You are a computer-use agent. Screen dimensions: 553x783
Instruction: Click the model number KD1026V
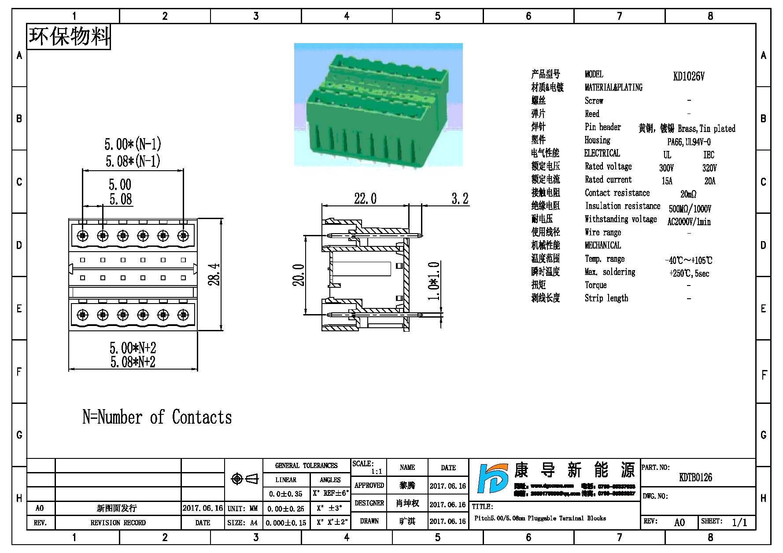click(x=688, y=76)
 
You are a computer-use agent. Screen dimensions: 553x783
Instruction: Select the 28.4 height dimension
click(x=214, y=275)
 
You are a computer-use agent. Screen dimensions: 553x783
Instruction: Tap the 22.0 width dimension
click(x=365, y=199)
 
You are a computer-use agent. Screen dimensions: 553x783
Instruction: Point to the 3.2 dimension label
click(x=460, y=199)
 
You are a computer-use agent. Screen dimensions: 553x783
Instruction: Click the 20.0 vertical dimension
click(x=299, y=275)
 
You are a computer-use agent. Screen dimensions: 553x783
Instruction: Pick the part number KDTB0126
click(x=695, y=477)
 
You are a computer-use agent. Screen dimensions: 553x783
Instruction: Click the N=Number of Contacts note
click(x=157, y=417)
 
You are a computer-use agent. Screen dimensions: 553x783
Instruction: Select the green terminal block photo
click(x=378, y=104)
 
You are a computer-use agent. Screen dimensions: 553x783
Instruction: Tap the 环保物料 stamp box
click(x=69, y=37)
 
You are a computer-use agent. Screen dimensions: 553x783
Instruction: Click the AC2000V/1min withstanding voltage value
click(x=689, y=222)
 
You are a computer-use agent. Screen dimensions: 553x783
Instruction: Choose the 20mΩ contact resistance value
click(x=688, y=194)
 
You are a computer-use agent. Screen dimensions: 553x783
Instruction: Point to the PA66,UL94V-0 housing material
click(x=689, y=142)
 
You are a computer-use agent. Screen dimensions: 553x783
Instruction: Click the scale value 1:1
click(x=377, y=472)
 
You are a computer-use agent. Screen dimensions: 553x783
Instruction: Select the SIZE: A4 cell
click(x=243, y=523)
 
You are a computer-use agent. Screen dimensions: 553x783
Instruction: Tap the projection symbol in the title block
click(x=244, y=479)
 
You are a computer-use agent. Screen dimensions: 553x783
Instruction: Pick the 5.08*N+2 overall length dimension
click(x=133, y=362)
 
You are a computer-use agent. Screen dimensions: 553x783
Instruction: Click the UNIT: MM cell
click(x=243, y=509)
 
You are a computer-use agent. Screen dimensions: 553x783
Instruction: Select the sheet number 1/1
click(x=739, y=523)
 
